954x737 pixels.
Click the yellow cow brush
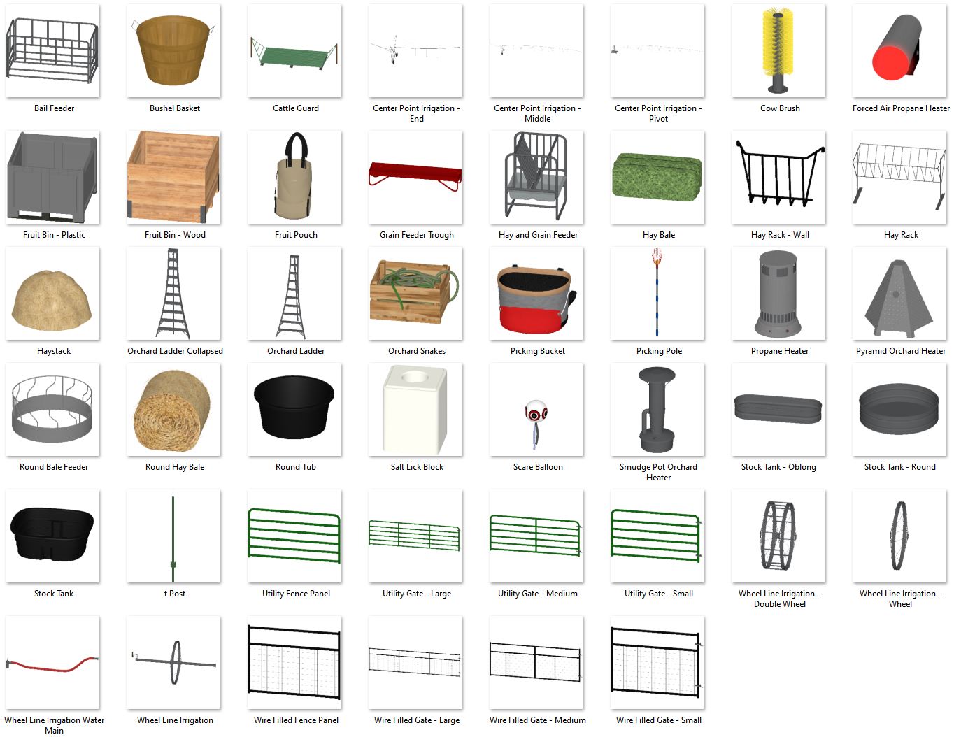tap(778, 42)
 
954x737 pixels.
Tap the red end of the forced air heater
tap(890, 64)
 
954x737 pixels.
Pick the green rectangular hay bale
tap(657, 178)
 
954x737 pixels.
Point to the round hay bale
tap(173, 409)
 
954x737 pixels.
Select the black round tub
tap(294, 406)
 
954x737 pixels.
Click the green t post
tap(173, 538)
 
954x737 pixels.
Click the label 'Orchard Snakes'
tap(417, 351)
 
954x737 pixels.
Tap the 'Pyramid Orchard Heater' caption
tap(900, 351)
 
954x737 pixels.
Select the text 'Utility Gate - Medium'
tap(537, 594)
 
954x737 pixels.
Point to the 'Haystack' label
tap(54, 351)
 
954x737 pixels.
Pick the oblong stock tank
tap(778, 408)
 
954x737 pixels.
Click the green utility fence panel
tap(294, 535)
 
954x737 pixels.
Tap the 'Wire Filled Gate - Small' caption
tap(658, 720)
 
